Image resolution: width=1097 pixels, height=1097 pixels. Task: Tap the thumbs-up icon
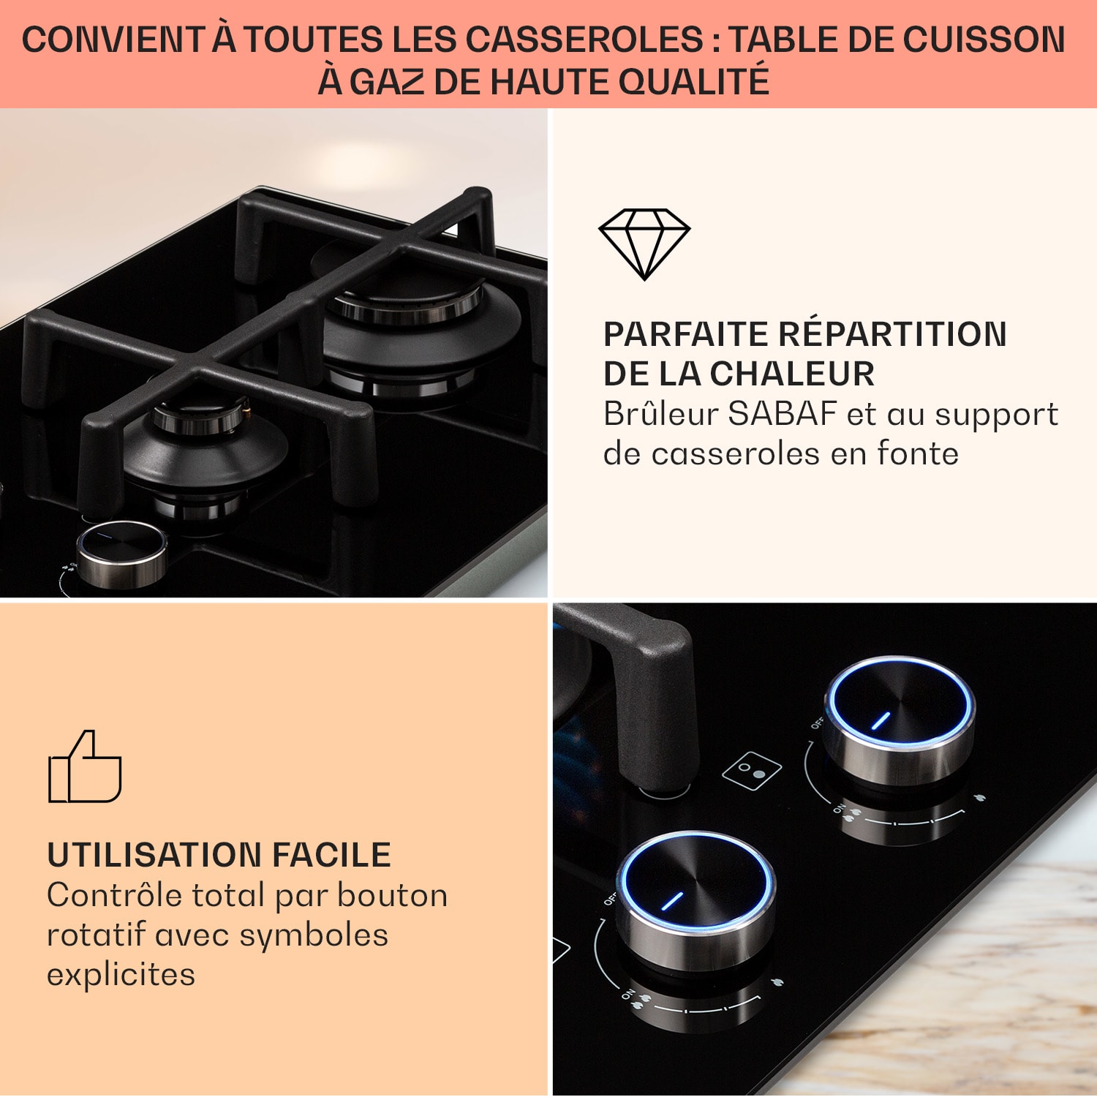point(85,766)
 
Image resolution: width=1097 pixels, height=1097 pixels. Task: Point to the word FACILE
point(331,855)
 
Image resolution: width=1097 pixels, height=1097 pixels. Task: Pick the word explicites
point(121,975)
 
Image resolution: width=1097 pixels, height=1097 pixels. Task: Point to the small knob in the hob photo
point(122,554)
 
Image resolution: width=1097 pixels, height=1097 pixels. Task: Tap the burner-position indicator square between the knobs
point(752,770)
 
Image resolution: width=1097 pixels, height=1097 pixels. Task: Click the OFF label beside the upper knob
point(818,723)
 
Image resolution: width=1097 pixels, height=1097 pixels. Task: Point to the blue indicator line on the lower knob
point(672,901)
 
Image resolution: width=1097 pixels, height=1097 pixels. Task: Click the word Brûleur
point(661,414)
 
